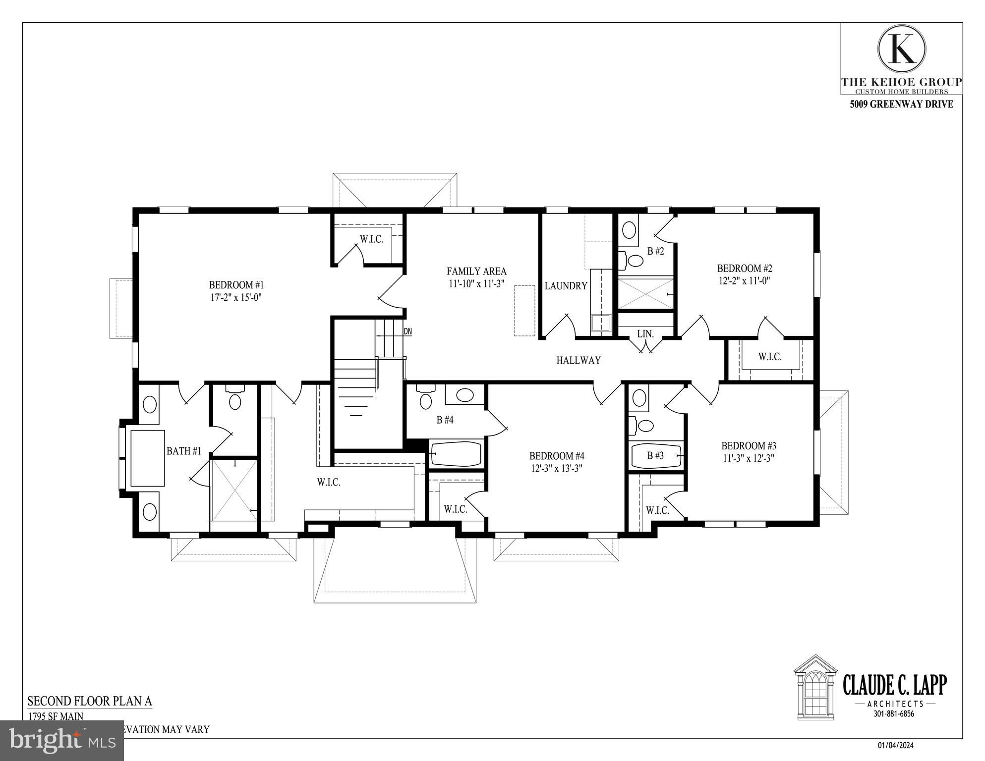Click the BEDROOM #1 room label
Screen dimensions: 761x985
(236, 285)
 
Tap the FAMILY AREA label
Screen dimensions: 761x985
(476, 271)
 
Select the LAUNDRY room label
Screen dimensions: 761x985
(566, 286)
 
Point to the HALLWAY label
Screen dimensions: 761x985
(578, 360)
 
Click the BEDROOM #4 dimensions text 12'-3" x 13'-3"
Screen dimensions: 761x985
(556, 468)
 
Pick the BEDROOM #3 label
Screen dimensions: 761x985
(748, 445)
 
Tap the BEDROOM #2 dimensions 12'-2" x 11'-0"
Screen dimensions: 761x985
(744, 281)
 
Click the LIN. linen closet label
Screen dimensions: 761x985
(645, 334)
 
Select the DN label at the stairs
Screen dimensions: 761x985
(407, 331)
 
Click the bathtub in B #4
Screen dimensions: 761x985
(456, 454)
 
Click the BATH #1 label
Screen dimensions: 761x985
(183, 451)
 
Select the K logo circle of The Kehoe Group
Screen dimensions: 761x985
(901, 49)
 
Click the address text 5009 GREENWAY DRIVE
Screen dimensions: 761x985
(901, 105)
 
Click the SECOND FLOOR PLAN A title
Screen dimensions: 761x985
(90, 701)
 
